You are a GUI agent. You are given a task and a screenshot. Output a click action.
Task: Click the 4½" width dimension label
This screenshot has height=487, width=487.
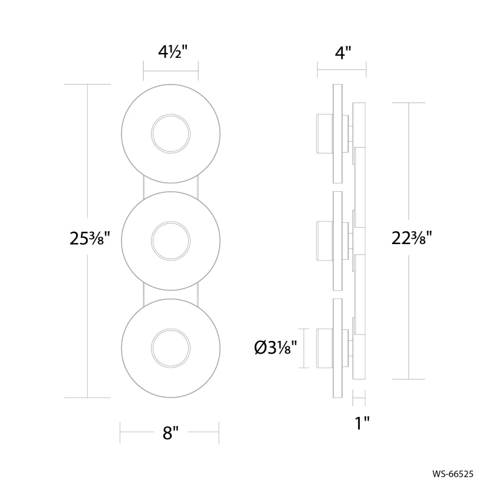point(173,52)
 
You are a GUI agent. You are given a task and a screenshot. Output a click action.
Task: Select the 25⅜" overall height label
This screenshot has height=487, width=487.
point(90,239)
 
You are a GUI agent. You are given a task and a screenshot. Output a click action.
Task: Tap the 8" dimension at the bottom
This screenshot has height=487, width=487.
point(170,433)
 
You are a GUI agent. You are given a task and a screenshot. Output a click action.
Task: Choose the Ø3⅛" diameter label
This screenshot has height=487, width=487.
point(276,348)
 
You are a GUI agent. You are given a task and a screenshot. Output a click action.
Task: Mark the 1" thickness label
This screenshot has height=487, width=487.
point(362,422)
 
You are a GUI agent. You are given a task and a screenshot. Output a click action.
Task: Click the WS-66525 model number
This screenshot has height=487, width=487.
point(453,474)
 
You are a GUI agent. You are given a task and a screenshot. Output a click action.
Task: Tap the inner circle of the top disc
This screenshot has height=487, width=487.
point(170,114)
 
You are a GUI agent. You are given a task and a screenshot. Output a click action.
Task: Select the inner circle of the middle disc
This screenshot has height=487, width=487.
point(170,222)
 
